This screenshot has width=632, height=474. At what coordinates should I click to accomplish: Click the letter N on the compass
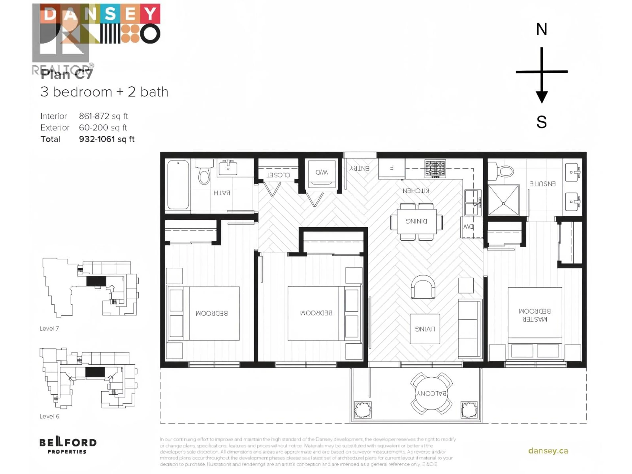point(541,29)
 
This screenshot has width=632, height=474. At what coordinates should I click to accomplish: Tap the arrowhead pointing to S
point(541,97)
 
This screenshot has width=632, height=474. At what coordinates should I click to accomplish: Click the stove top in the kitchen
point(435,168)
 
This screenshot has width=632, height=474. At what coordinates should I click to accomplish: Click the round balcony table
point(431,393)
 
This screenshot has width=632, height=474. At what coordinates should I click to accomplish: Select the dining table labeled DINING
point(416,221)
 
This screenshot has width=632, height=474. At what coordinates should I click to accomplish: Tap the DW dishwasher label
point(468,227)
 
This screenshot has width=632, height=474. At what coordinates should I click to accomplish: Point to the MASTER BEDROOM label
point(535,315)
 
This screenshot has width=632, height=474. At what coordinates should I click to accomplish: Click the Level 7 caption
point(49,328)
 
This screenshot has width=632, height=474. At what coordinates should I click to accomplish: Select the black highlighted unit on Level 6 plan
point(95,372)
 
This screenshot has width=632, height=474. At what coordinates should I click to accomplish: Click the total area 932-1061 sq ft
point(107,139)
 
